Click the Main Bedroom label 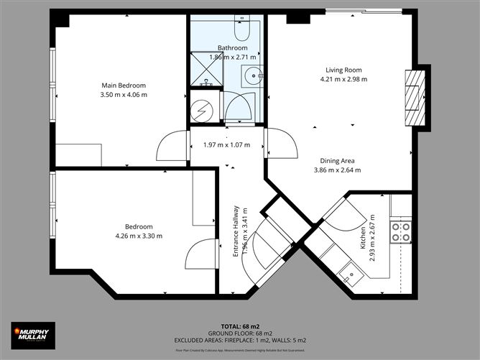[124, 86]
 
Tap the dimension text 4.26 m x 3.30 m [139, 236]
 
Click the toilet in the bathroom [242, 29]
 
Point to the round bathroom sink [251, 75]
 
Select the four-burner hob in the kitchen [400, 231]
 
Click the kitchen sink [351, 272]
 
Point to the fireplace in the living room [414, 98]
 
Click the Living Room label [343, 70]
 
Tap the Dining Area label [337, 161]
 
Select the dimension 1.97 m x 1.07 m [225, 144]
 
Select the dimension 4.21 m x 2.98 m [343, 79]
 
